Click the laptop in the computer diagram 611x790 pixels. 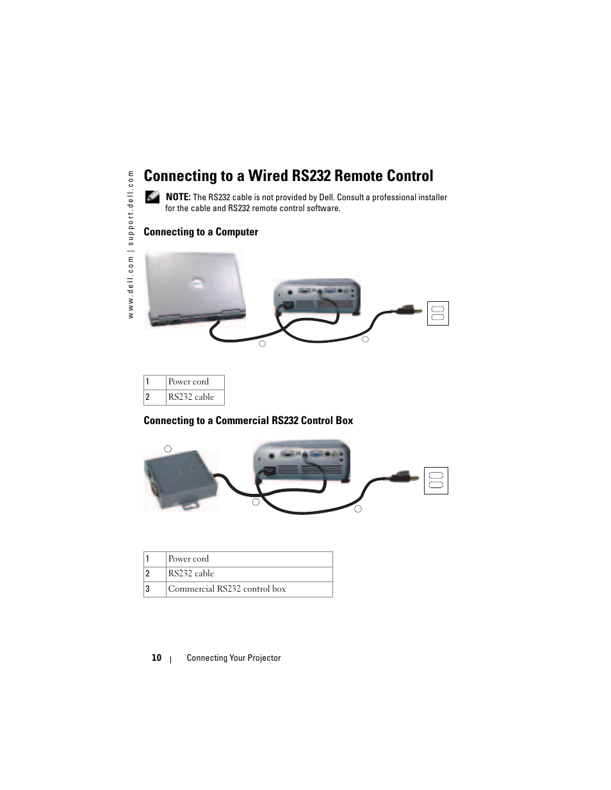pyautogui.click(x=195, y=288)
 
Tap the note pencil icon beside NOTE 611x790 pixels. pyautogui.click(x=152, y=197)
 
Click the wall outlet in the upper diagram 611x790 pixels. pyautogui.click(x=438, y=313)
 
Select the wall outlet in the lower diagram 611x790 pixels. pyautogui.click(x=436, y=480)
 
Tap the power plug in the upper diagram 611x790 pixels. pyautogui.click(x=407, y=311)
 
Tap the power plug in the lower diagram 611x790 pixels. pyautogui.click(x=401, y=477)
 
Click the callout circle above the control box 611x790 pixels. pyautogui.click(x=168, y=449)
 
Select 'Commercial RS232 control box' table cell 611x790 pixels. pyautogui.click(x=227, y=589)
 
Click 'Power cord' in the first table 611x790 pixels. pyautogui.click(x=188, y=382)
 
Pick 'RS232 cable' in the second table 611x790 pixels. pyautogui.click(x=191, y=574)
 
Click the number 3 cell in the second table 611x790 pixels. pyautogui.click(x=148, y=589)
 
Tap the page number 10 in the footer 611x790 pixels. pyautogui.click(x=156, y=658)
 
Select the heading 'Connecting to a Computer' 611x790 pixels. pyautogui.click(x=200, y=232)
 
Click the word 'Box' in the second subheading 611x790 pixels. pyautogui.click(x=345, y=420)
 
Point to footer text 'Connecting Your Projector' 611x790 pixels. pyautogui.click(x=234, y=658)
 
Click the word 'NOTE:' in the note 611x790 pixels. pyautogui.click(x=178, y=197)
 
